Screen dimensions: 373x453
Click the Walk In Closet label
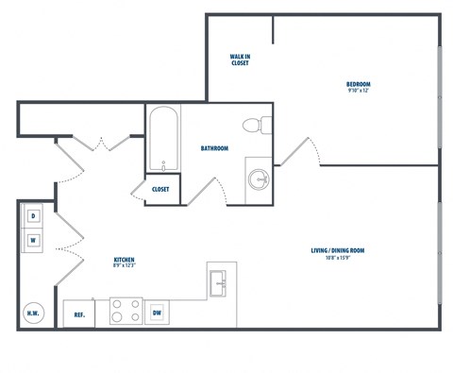[240, 59]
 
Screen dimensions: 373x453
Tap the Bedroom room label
[358, 84]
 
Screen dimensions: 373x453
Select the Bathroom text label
[214, 148]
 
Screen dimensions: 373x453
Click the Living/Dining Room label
[338, 250]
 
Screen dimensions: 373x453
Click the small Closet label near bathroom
[160, 189]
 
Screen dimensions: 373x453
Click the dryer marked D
[33, 216]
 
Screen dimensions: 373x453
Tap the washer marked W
[33, 240]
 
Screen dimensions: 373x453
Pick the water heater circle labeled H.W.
[33, 312]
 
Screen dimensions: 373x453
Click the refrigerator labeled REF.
[80, 313]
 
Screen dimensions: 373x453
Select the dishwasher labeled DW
[159, 312]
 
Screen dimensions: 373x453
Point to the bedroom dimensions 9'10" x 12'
[358, 91]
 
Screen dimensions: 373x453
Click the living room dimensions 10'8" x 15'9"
[338, 258]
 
